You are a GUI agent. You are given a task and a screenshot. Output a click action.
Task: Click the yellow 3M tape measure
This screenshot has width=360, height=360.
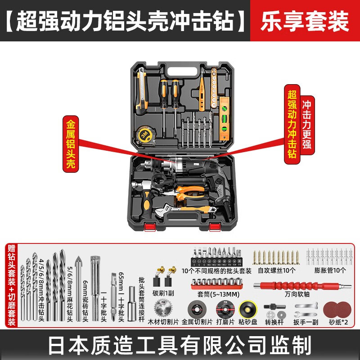[145, 135]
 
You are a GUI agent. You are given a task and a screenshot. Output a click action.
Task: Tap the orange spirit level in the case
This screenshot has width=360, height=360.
[224, 118]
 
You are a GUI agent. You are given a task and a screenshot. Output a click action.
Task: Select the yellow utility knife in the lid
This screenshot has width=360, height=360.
[142, 91]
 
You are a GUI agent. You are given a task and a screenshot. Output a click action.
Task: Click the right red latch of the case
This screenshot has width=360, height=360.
[215, 227]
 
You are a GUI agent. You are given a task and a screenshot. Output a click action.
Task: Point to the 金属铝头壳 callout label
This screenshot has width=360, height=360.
[71, 144]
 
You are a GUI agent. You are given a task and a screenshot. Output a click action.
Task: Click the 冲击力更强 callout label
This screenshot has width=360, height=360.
[307, 125]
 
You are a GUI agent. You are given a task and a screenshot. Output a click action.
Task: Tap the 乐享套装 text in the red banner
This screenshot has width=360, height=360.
[305, 21]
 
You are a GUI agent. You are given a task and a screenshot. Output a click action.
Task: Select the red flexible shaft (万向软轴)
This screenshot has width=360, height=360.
[302, 286]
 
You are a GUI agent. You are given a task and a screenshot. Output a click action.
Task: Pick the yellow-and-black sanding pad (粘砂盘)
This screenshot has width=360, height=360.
[248, 309]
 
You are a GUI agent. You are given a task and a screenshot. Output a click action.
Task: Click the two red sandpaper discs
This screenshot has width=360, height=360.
[337, 310]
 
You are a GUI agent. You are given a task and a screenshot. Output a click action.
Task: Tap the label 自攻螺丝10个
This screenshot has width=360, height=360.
[276, 270]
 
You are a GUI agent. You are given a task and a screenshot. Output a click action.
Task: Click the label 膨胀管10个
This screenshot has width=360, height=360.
[330, 270]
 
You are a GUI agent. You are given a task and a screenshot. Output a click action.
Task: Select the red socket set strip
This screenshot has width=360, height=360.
[217, 284]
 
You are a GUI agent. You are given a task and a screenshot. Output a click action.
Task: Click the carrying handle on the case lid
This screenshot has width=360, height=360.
[183, 72]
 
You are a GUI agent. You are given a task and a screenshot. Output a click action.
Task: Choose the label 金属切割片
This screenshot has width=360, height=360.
[197, 322]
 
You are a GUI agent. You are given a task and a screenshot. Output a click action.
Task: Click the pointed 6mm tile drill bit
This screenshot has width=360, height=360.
[78, 288]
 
